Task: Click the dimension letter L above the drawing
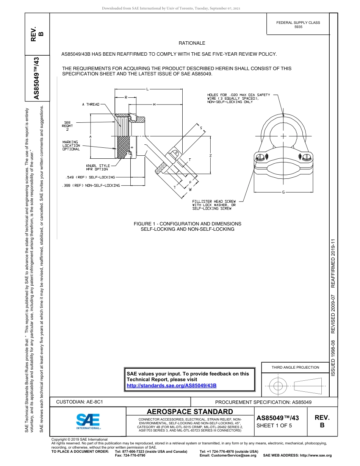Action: (147, 89)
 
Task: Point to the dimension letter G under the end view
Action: (283, 192)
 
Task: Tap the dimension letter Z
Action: (210, 156)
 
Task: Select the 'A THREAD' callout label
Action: (91, 104)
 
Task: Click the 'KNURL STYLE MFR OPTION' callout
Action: (98, 167)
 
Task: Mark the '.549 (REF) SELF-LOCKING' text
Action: (89, 177)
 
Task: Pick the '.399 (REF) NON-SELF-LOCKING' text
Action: (91, 185)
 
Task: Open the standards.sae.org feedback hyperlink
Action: (171, 385)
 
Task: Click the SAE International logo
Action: (88, 421)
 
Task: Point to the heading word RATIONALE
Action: (192, 43)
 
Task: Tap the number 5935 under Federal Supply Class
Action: (298, 27)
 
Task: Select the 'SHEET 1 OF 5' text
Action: (274, 425)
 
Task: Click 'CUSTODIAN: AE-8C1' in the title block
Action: (80, 402)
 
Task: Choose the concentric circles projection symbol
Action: (278, 386)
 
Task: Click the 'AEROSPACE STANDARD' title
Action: (190, 411)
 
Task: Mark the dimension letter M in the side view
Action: (155, 104)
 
